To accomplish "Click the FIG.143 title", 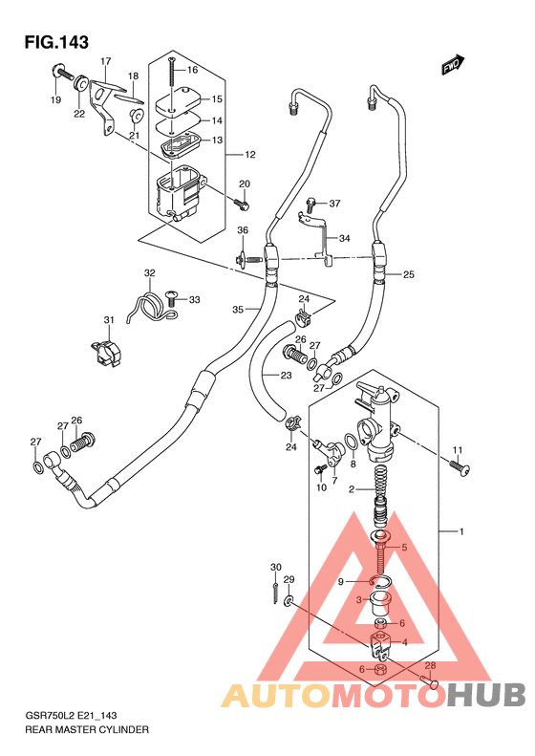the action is click(57, 42).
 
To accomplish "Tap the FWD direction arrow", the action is click(453, 65).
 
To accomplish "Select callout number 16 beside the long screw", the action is click(192, 70).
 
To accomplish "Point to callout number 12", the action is click(249, 155).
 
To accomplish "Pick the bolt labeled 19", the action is click(62, 72).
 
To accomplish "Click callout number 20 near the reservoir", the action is click(245, 184).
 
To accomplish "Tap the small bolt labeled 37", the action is click(310, 205).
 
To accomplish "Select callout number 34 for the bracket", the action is click(344, 238).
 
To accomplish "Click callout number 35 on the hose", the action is click(238, 310).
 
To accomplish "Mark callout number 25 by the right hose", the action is click(409, 275).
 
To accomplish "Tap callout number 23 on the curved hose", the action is click(287, 375).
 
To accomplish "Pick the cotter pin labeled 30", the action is click(275, 593).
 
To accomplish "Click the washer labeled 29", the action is click(289, 601).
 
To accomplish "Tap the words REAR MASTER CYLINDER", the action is click(87, 729).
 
